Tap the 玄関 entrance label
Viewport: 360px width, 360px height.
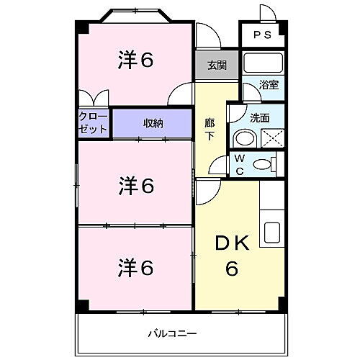[217, 66]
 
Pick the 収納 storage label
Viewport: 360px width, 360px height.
[152, 123]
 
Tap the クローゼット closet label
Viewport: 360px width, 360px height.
[94, 122]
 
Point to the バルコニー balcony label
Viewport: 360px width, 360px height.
[171, 333]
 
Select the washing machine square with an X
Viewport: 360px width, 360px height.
[271, 137]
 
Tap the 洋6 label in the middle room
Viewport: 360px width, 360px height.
[136, 186]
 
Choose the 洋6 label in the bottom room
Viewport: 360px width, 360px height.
[136, 268]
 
